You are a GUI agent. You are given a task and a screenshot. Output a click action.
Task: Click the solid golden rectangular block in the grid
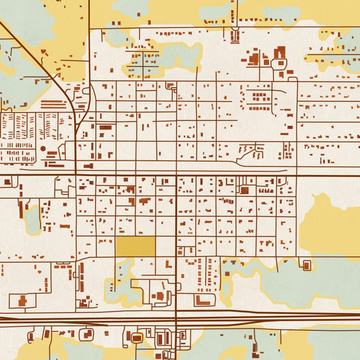coord(135,246)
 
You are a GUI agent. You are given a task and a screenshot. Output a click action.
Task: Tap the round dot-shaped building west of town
coord(43,148)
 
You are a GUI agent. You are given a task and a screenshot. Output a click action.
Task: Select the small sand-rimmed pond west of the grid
coord(32,219)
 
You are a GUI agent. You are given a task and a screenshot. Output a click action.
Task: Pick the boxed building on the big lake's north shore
coord(307,265)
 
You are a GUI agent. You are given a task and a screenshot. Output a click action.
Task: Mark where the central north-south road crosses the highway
coord(176,316)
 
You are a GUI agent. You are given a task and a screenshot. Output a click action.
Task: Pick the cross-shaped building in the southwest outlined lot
coord(23,300)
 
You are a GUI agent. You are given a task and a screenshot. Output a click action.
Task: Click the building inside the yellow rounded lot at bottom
coord(136,338)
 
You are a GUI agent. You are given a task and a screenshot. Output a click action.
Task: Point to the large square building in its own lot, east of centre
coord(244,190)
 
